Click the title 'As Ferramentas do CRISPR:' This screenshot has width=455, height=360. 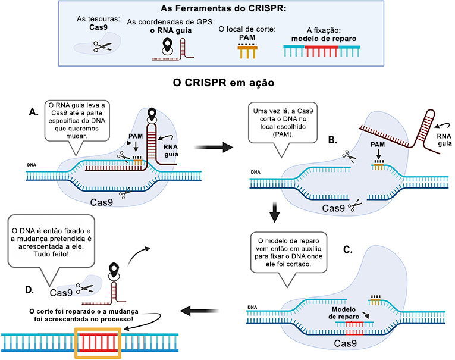tap(228, 10)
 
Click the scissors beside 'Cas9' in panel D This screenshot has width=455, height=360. tap(84, 289)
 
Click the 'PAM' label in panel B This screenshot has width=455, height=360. tap(377, 145)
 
